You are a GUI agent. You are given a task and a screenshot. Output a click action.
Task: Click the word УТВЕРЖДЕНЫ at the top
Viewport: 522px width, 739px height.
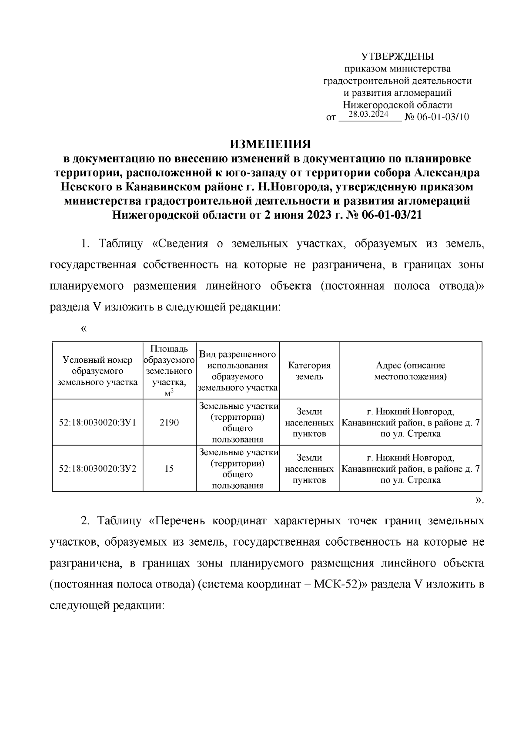pos(398,56)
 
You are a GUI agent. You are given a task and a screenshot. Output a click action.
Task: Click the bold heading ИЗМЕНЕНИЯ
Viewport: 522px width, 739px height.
pos(270,144)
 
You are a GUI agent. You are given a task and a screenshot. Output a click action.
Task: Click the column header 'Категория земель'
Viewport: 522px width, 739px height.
pos(309,371)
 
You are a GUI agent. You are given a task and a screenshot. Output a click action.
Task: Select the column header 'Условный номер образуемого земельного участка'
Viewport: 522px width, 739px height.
pos(97,371)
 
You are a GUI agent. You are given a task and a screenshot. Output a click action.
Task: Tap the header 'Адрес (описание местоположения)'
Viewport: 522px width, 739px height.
pos(410,371)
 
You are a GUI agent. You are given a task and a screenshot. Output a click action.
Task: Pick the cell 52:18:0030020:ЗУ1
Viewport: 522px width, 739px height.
pos(97,422)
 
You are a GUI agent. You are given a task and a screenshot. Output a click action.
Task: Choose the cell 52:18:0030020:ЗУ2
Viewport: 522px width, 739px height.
pos(97,469)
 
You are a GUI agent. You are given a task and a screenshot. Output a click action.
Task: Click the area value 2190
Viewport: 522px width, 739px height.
pos(169,422)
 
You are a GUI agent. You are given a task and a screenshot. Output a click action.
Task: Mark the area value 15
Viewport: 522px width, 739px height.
pos(169,469)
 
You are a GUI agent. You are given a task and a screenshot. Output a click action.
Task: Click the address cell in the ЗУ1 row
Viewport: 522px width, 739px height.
pos(410,422)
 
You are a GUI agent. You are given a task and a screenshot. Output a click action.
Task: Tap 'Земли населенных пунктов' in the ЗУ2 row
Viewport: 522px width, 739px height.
pos(309,469)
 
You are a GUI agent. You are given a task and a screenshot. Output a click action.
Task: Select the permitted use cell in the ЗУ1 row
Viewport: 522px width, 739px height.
pos(238,422)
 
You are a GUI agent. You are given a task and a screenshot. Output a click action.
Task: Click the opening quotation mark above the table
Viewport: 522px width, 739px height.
pos(84,329)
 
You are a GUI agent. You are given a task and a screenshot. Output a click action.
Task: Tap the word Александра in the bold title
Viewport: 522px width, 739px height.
pos(447,172)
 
